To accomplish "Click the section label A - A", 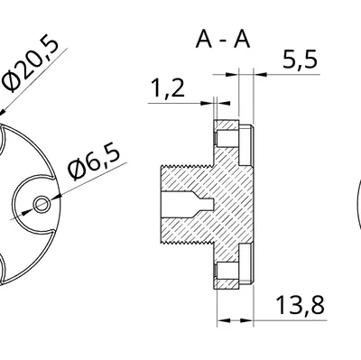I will tap(221, 40).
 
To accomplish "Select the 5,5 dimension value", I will tap(300, 60).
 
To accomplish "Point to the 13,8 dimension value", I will tap(301, 306).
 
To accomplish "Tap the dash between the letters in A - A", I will tap(221, 41).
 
